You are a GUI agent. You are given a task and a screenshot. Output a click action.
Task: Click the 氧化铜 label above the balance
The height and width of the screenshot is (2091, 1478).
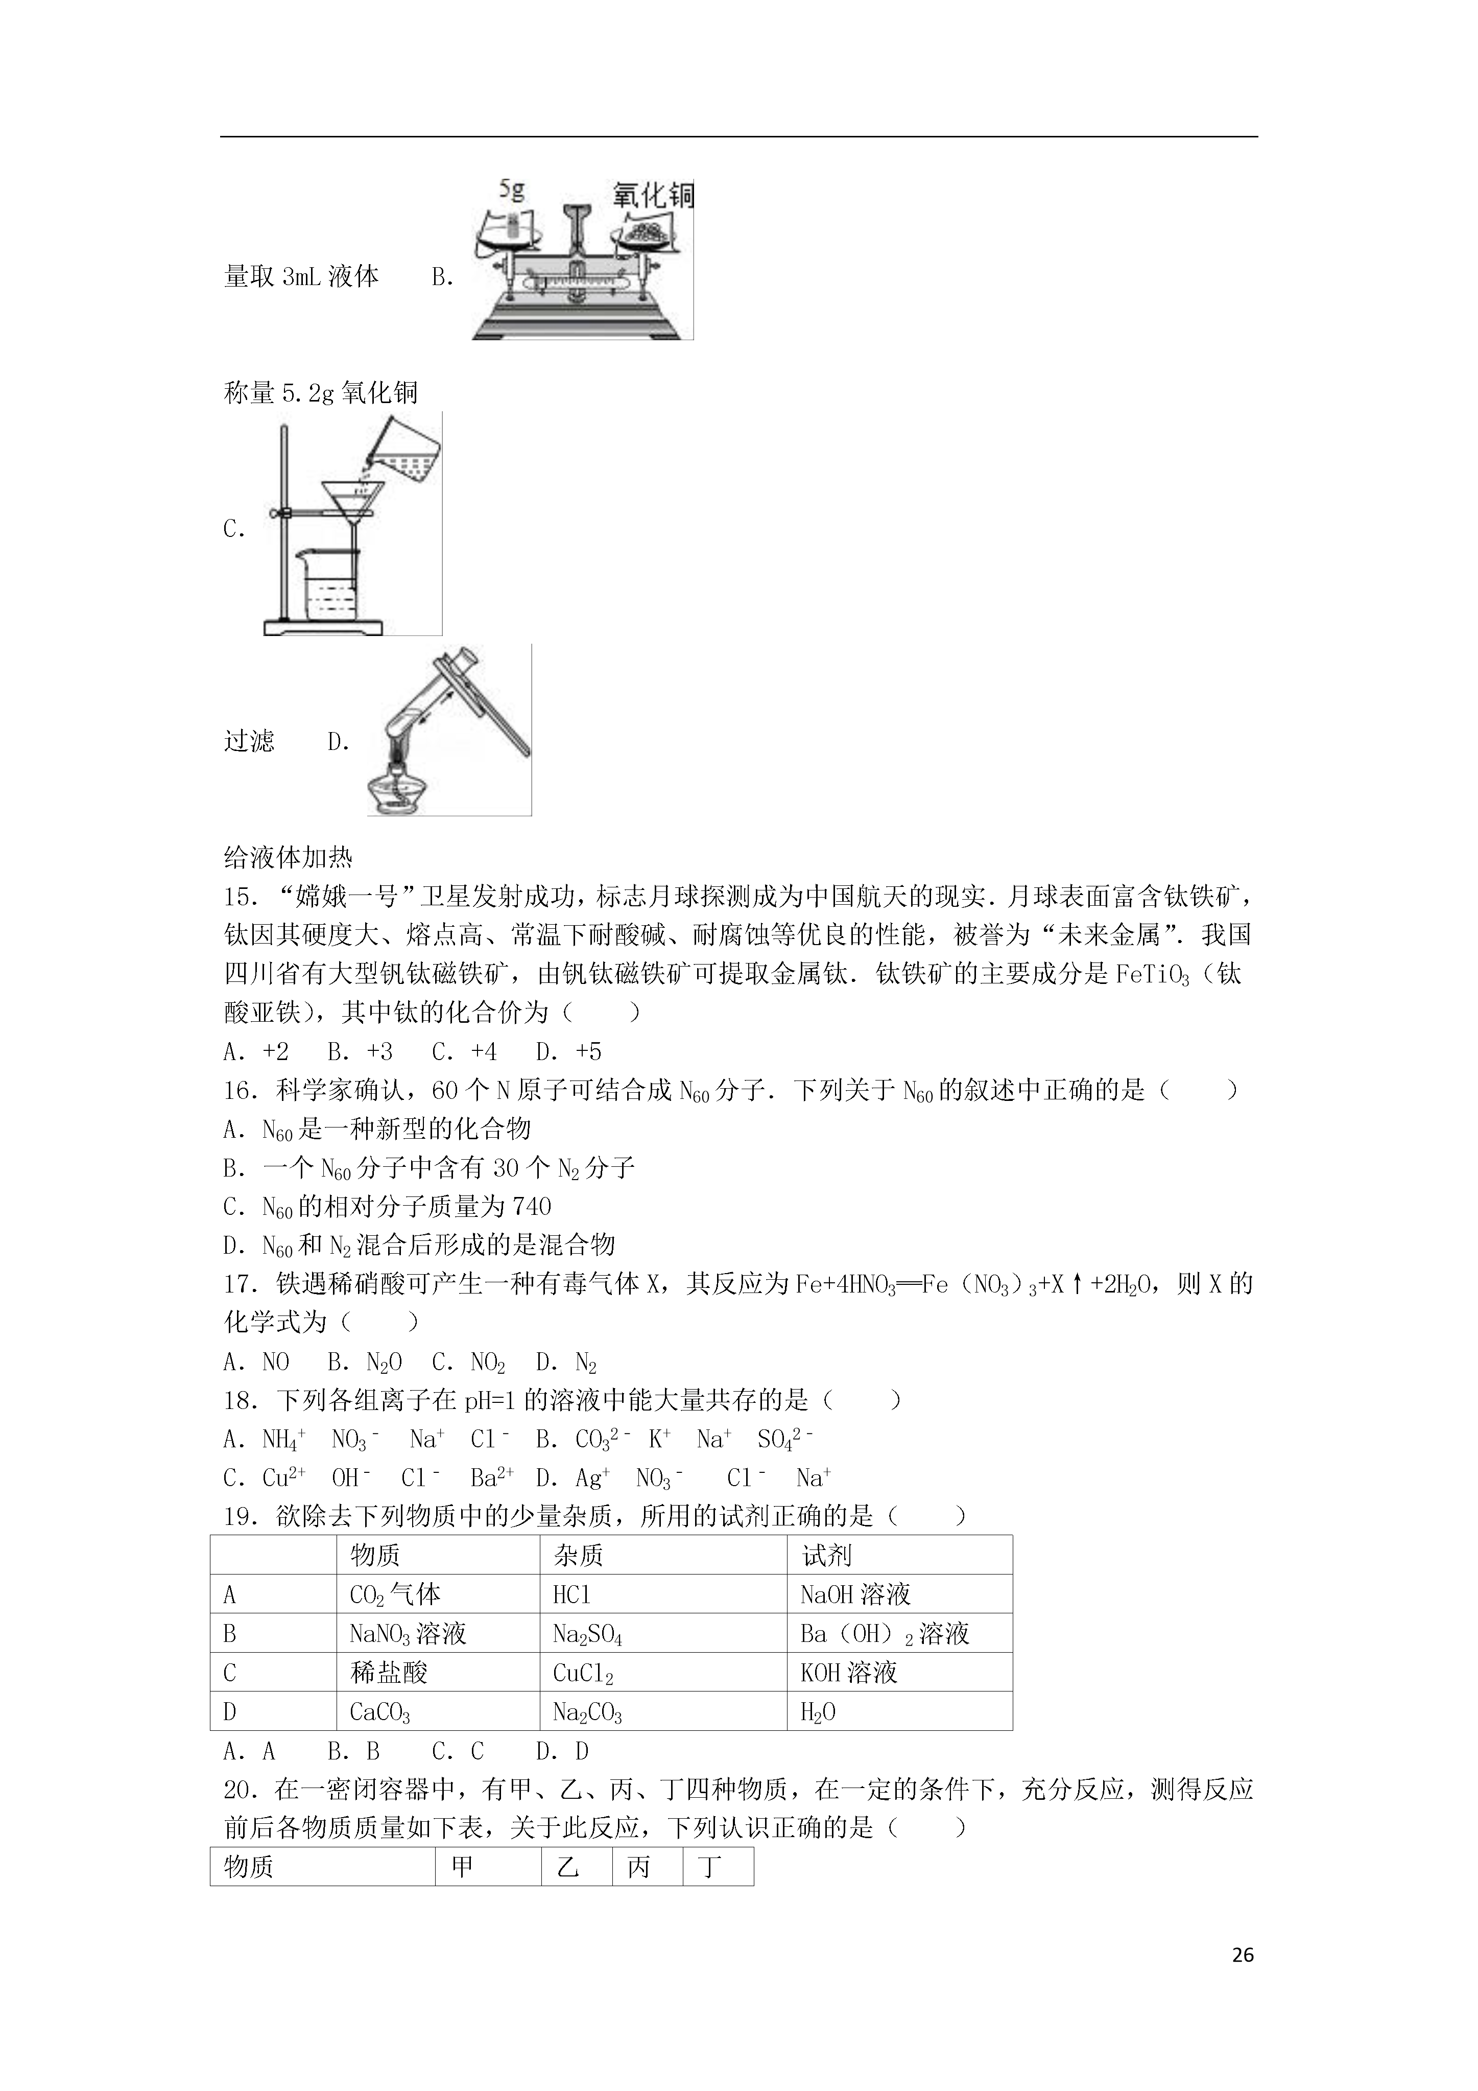pyautogui.click(x=653, y=195)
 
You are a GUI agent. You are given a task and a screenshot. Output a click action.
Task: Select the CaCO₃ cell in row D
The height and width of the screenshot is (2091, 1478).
pyautogui.click(x=380, y=1712)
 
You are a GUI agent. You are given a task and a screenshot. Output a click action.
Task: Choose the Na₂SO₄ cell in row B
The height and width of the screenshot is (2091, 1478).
pyautogui.click(x=587, y=1634)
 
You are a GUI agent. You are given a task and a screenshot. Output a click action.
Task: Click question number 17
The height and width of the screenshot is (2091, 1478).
pyautogui.click(x=241, y=1284)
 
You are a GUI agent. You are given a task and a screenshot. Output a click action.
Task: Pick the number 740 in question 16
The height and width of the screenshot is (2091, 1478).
pyautogui.click(x=532, y=1207)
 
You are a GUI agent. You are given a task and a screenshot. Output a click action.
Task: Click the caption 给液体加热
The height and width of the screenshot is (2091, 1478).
pyautogui.click(x=288, y=857)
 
